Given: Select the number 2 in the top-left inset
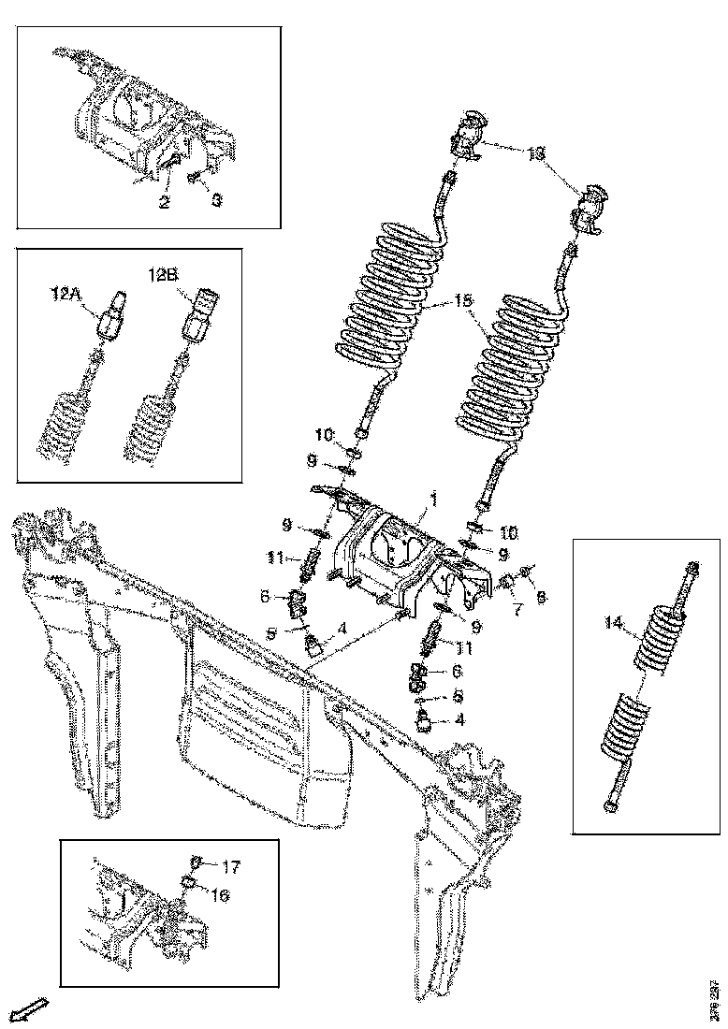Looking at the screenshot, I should (x=164, y=199).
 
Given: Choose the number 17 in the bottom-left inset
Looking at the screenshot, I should (x=230, y=867).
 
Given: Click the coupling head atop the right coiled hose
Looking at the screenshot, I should (x=591, y=208).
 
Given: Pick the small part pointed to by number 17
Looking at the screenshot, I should (x=197, y=862).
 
